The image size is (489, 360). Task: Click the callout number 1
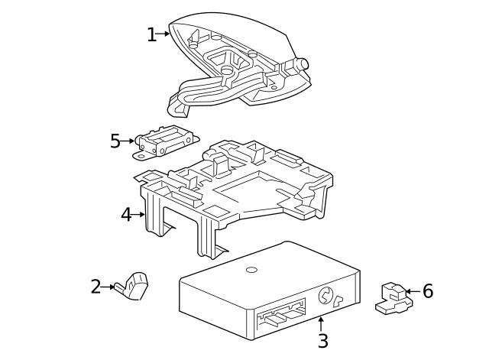click(151, 34)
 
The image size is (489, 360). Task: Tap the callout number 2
click(96, 287)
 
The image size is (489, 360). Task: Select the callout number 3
click(322, 342)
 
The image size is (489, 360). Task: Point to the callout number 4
click(126, 215)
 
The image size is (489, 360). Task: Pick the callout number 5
click(115, 141)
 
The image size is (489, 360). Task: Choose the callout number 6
click(427, 291)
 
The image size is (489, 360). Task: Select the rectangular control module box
click(267, 290)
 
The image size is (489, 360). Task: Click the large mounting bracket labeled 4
click(229, 191)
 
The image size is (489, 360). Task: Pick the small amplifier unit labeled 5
click(164, 142)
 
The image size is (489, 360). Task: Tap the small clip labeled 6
click(393, 298)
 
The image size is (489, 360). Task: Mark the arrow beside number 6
click(410, 291)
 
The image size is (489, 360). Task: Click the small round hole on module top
click(251, 271)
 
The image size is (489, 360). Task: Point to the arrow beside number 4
click(139, 215)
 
